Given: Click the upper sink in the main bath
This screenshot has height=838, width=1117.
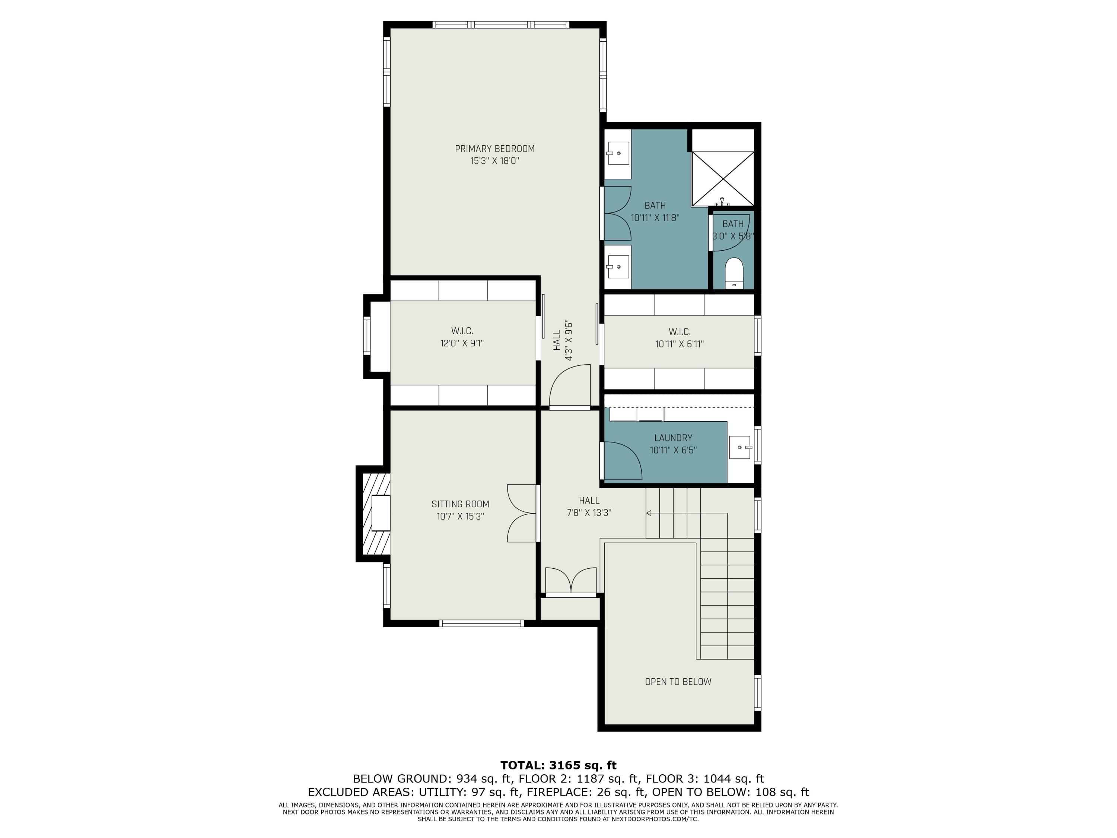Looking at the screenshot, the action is pyautogui.click(x=618, y=153).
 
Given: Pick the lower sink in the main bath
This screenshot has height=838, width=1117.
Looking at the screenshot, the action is pyautogui.click(x=618, y=267).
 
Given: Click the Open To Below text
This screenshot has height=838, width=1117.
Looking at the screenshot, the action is pyautogui.click(x=678, y=682).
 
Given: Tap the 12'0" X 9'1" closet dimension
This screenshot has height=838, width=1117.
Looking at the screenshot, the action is pyautogui.click(x=462, y=343).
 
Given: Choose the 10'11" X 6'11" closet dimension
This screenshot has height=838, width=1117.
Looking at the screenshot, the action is pyautogui.click(x=679, y=344).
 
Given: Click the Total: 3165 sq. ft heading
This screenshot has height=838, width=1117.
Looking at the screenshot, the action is pyautogui.click(x=558, y=765).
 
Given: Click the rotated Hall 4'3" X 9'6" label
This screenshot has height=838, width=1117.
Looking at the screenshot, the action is pyautogui.click(x=563, y=340).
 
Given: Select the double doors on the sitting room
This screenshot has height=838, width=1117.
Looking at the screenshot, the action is pyautogui.click(x=522, y=513).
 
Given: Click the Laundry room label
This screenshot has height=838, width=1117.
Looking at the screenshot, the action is pyautogui.click(x=673, y=438).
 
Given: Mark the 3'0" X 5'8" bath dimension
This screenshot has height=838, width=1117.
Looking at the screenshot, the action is pyautogui.click(x=733, y=236).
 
